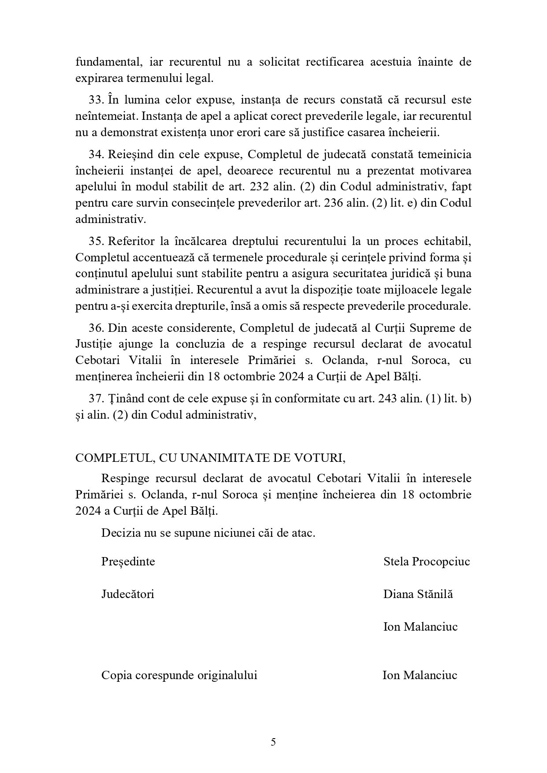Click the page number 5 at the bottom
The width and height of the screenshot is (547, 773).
(273, 742)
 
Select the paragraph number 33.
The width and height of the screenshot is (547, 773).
(96, 100)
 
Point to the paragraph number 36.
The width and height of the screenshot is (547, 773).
(96, 328)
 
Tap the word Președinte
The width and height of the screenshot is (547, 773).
(128, 561)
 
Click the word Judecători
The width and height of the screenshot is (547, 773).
(128, 594)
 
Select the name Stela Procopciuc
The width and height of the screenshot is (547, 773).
(427, 561)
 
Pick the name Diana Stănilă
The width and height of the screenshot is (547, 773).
(418, 594)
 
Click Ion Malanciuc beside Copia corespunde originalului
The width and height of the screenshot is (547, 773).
(420, 675)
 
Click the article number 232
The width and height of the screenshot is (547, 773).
(259, 187)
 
